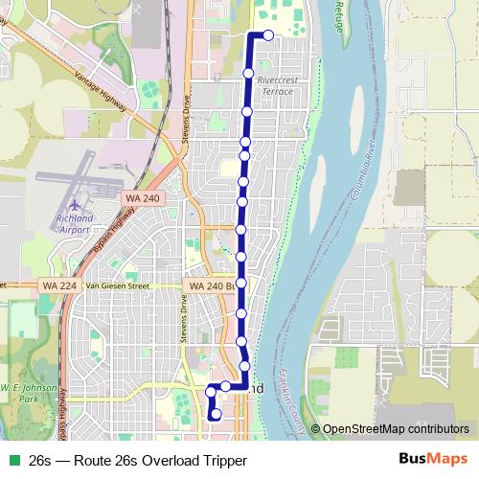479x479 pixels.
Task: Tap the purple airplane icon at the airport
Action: [x=77, y=204]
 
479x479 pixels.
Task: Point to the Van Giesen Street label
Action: [x=119, y=285]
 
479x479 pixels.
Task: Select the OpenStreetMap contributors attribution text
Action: [x=395, y=429]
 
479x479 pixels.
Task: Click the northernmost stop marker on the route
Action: [x=268, y=35]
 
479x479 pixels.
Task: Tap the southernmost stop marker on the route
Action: [x=217, y=414]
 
